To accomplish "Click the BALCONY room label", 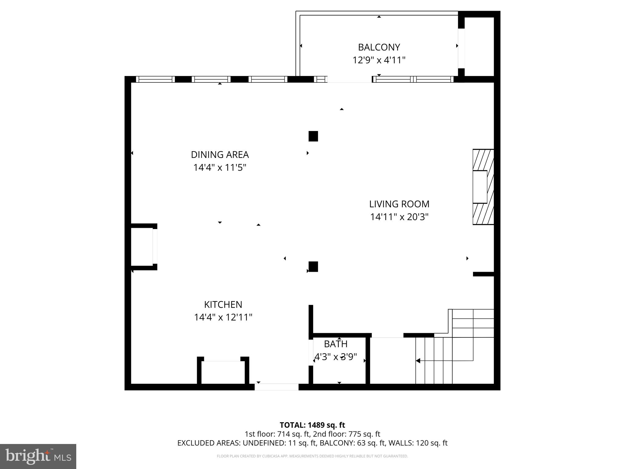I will coord(379,47).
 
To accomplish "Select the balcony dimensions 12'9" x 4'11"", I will coord(379,60).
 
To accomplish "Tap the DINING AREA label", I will coord(220,155).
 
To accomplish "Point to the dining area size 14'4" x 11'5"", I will coord(220,168).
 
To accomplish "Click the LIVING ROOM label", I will coord(399,204).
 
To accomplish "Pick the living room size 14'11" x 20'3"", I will coord(399,217).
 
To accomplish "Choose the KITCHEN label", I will coord(223,304).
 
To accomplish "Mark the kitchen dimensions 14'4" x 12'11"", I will coord(223,318).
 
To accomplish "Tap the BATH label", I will coord(336,344).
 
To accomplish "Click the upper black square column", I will coord(313,136).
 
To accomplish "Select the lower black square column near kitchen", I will coord(313,267).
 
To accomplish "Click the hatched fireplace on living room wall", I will coord(483,187).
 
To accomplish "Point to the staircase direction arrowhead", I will coord(418,361).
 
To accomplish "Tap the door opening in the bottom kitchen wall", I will coord(276,387).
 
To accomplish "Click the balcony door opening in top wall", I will coord(349,79).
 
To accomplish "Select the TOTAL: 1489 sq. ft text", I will coord(312,425).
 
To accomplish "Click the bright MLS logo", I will coord(38,456).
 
